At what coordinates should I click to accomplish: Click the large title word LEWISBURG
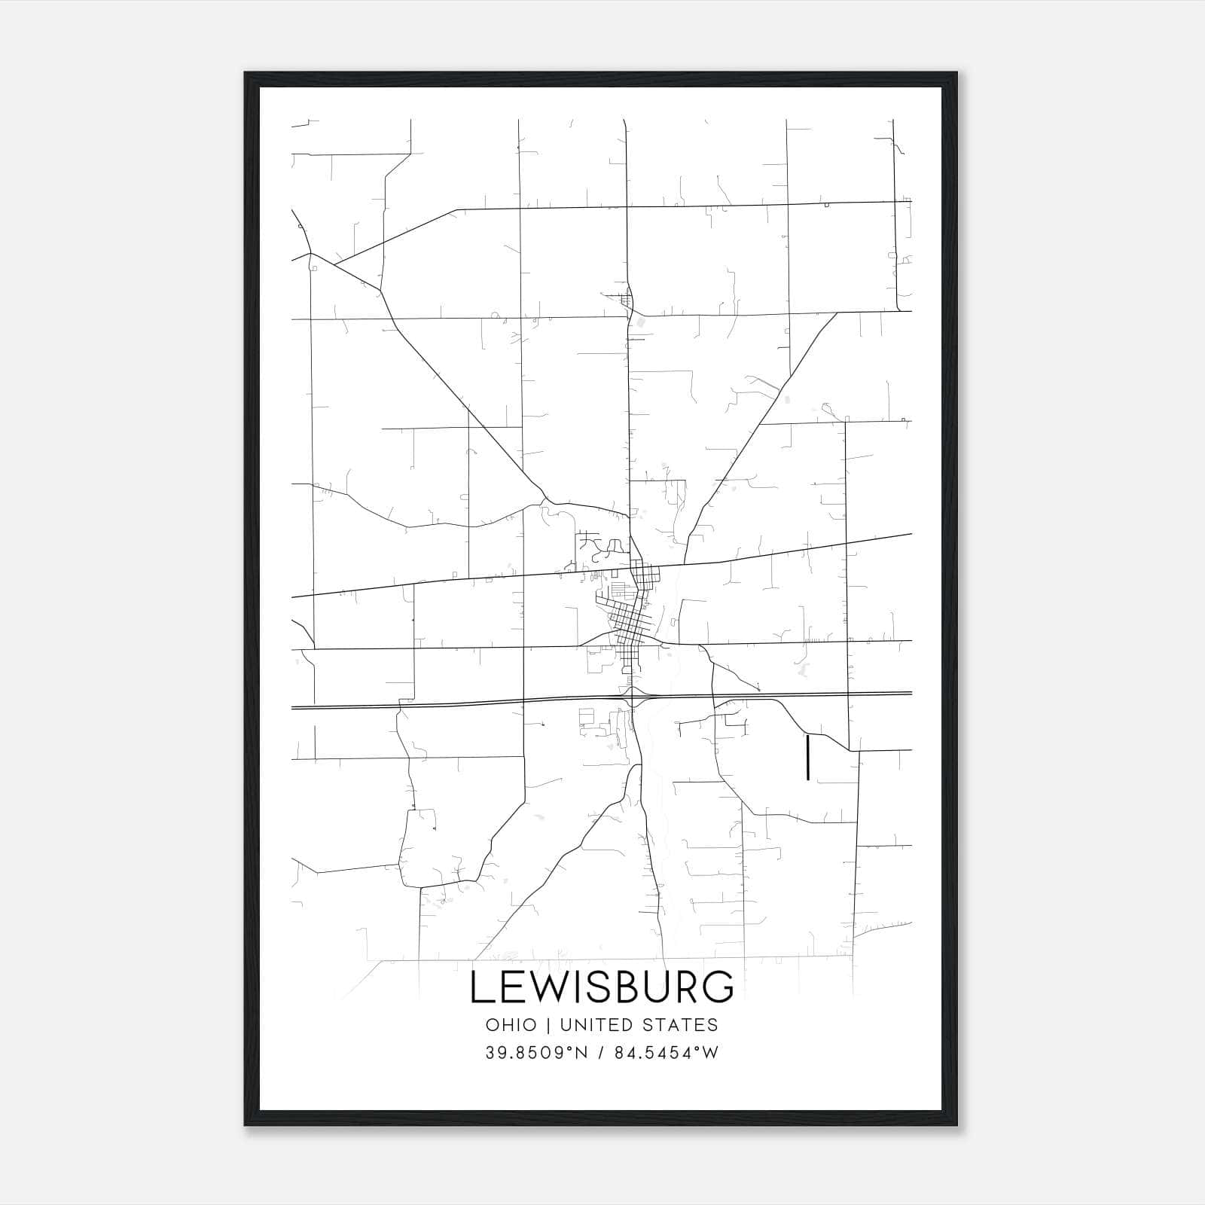(x=602, y=987)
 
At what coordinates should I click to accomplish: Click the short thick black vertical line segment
(x=807, y=757)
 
